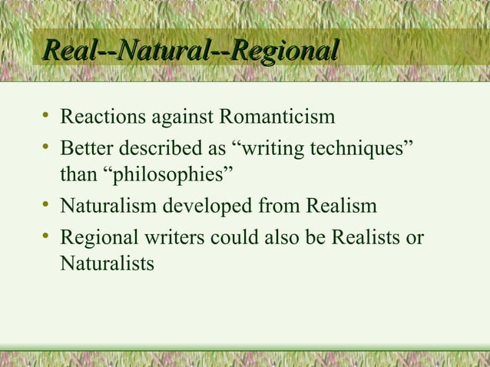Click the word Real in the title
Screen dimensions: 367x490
68,53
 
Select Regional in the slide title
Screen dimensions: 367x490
284,53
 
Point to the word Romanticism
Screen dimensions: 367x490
277,118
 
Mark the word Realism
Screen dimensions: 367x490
341,206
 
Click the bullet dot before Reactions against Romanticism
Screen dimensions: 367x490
47,117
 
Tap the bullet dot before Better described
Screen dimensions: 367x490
47,147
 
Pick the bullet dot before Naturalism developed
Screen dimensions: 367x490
47,205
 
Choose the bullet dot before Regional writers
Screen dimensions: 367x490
47,234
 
